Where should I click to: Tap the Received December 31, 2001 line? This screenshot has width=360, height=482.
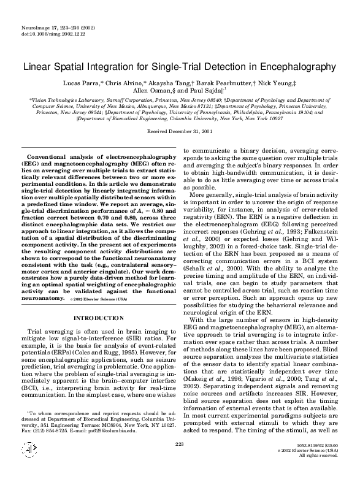coord(180,131)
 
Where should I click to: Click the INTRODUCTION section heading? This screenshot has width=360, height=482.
coord(98,318)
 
